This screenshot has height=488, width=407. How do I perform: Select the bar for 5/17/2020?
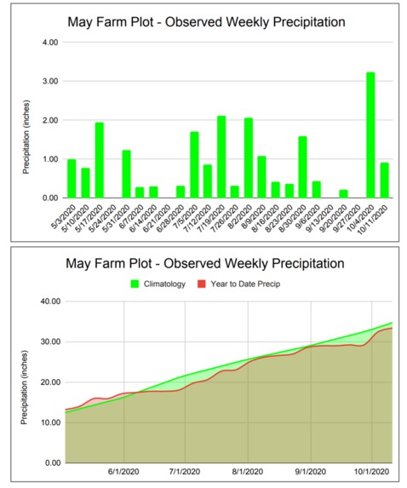click(99, 160)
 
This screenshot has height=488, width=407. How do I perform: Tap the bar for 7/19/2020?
click(221, 157)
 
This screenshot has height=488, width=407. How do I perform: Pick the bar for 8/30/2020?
click(302, 167)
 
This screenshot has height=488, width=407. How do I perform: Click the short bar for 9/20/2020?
click(343, 193)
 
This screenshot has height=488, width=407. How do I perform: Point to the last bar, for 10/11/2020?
click(384, 180)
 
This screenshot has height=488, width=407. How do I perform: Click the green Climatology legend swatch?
click(136, 283)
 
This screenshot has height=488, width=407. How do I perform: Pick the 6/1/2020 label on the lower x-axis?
click(124, 472)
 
